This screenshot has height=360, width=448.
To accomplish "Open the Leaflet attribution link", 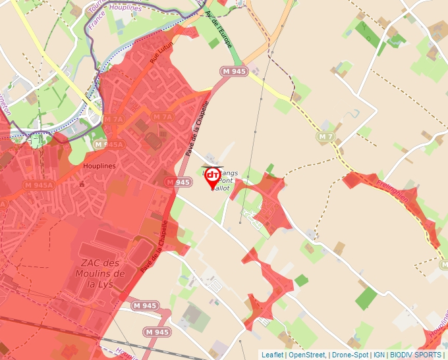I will pos(273,355).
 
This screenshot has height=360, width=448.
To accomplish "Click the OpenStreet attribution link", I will pos(307,355).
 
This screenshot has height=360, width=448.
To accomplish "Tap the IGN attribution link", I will pos(379,355).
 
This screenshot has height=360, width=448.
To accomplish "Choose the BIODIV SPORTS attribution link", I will pos(415,355).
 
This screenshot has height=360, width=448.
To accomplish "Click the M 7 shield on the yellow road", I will pos(325,136).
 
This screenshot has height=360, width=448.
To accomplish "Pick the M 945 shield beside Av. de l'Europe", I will pos(234,71).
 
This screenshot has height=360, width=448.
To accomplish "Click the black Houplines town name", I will pos(99,166).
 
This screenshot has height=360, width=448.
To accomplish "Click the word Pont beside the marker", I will pos(226,180).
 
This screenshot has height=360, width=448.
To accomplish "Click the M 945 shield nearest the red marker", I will pos(178,182).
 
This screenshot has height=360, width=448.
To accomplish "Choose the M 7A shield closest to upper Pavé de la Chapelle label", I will pos(162,116).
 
